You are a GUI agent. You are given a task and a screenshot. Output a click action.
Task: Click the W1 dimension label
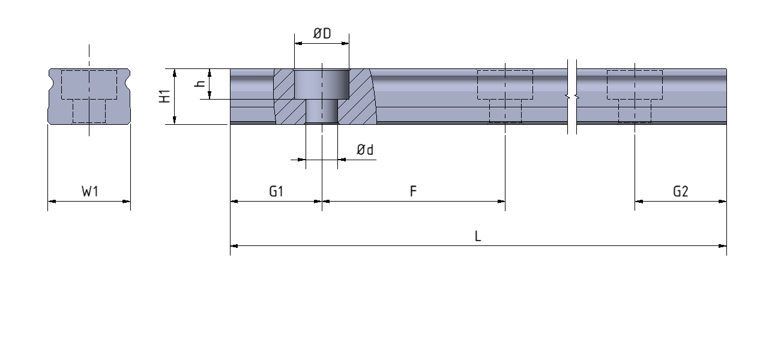point(89,192)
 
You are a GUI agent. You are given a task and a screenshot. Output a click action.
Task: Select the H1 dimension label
point(164,97)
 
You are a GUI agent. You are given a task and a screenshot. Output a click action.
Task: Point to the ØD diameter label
point(322,34)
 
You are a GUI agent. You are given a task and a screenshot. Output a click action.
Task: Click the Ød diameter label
point(364,150)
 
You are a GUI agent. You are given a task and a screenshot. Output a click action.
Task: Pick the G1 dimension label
point(276,192)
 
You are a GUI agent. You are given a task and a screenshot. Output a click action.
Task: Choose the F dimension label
point(414,192)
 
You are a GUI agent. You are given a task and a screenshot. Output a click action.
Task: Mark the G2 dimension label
point(681,192)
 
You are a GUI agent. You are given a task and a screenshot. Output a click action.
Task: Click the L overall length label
point(478,236)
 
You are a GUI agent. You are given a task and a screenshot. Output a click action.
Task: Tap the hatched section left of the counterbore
point(283,96)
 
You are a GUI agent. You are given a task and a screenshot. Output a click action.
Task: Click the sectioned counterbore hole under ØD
point(321,84)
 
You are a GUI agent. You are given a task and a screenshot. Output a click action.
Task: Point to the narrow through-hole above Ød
point(321,112)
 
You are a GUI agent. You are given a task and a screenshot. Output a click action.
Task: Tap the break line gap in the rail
point(572,96)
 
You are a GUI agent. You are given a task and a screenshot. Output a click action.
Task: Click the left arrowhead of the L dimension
point(234,245)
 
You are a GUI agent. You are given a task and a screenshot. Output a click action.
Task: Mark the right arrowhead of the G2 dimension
point(723,202)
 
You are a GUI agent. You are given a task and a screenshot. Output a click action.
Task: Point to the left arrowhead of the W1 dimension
point(51,202)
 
